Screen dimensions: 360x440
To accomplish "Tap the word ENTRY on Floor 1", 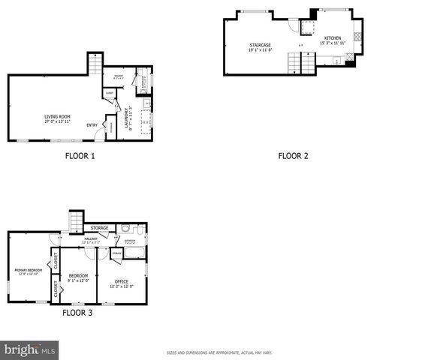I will tap(92, 125).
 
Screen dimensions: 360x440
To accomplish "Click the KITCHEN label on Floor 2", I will tap(333, 40).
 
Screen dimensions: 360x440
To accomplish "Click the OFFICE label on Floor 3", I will tap(122, 282).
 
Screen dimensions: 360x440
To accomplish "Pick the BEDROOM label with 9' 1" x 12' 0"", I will tap(78, 277).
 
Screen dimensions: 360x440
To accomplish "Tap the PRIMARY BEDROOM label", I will tap(28, 271).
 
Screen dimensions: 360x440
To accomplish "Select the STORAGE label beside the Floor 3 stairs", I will tap(99, 228).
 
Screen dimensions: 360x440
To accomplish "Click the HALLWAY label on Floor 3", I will tap(92, 239).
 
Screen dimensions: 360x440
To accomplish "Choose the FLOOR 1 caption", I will tap(79, 157).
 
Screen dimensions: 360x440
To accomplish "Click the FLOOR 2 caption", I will tap(293, 157).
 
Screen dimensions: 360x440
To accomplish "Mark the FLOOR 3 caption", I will tap(77, 313).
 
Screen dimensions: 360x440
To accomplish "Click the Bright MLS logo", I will tap(30, 349).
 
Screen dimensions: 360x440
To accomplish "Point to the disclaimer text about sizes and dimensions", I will tap(219, 352).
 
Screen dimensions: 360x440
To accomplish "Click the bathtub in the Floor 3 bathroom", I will tap(136, 254).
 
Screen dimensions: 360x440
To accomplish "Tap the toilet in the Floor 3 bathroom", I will tap(128, 229).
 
